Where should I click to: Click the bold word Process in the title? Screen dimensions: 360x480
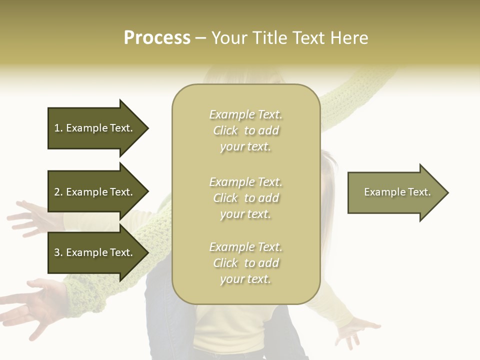(157, 38)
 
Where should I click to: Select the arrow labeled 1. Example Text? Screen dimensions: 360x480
(95, 128)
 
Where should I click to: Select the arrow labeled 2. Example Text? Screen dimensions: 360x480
(95, 192)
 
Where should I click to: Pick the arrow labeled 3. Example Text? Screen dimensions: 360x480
(95, 252)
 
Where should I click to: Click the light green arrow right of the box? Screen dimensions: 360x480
(395, 192)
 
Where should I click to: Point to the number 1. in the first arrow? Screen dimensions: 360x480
(58, 128)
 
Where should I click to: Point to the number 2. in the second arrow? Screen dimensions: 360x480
(58, 192)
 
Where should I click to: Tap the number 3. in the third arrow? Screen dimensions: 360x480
(58, 252)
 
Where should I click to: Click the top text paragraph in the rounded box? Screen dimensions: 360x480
(245, 130)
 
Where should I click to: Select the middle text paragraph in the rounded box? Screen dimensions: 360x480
(245, 198)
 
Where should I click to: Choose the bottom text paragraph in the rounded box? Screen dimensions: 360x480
(245, 263)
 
